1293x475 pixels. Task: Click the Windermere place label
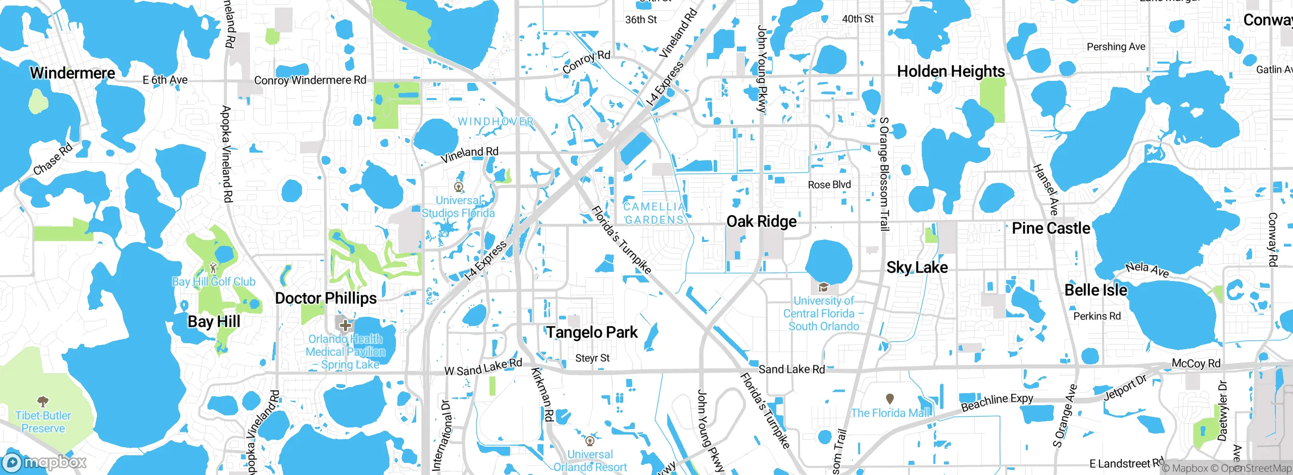pos(73,73)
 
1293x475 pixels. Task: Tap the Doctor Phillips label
pos(326,298)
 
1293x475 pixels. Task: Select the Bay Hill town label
pos(214,321)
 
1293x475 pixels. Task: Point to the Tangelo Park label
pos(592,332)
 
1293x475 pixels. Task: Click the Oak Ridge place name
pos(761,221)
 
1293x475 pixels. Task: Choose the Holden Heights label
pos(951,71)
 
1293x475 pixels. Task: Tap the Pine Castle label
pos(1051,228)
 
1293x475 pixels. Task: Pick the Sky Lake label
pos(917,267)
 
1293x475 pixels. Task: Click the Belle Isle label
pos(1096,290)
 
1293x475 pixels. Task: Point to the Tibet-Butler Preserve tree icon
pos(43,402)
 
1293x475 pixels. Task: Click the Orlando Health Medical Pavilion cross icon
pos(345,325)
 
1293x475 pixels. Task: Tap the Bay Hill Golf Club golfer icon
pos(213,268)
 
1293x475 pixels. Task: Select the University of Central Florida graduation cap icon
pos(823,288)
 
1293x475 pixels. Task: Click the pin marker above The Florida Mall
pos(890,399)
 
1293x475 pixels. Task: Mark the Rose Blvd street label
pos(829,185)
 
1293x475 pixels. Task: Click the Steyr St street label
pos(592,358)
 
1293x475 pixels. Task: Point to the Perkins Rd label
pos(1097,316)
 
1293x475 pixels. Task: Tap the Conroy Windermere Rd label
pos(310,80)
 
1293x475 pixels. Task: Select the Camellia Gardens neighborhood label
pos(654,213)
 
